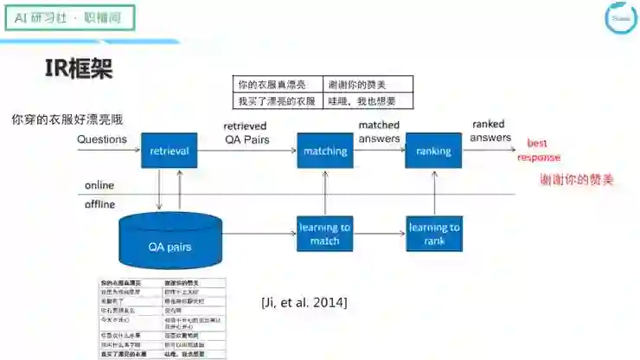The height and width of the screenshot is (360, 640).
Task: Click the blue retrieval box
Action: pos(170,151)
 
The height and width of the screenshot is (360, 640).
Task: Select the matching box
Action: pos(325,151)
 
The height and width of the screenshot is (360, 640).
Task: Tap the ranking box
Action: pos(433,151)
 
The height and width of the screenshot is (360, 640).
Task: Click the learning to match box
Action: pos(325,234)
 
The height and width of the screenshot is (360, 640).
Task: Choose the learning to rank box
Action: pos(433,234)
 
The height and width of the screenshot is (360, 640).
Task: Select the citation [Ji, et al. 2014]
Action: pos(304,302)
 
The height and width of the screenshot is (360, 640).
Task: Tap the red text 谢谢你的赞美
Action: pos(576,180)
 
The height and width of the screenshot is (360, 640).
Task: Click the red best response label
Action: pos(539,150)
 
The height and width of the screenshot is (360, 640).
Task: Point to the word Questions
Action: pos(102,138)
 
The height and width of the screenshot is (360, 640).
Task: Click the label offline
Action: pos(100,204)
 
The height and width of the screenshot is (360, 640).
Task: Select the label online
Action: pos(99,186)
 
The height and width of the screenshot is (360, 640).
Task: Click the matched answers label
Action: pos(379,132)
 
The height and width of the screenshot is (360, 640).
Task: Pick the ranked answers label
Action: pos(490,130)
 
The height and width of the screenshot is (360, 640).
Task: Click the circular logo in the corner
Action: pos(619,19)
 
